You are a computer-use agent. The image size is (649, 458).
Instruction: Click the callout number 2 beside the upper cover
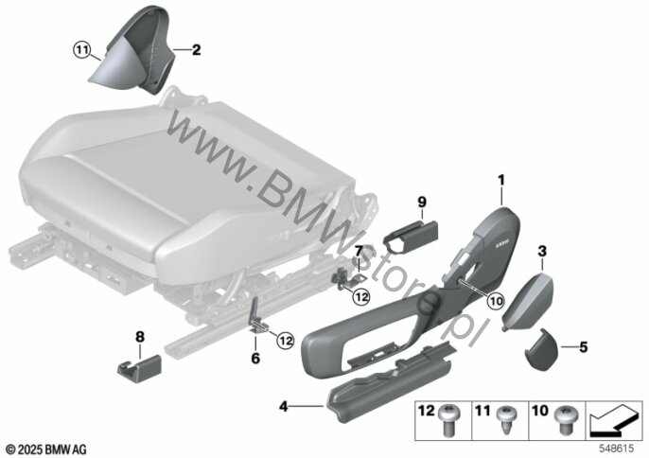[x=196, y=50]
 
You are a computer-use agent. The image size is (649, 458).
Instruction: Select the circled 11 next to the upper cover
[x=81, y=50]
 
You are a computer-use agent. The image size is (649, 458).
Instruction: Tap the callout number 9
[x=422, y=203]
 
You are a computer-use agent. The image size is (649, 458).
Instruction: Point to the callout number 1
[x=501, y=181]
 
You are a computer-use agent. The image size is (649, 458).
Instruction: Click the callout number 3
[x=542, y=251]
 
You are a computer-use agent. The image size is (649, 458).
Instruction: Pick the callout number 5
[x=583, y=347]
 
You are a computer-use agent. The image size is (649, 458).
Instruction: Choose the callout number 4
[x=283, y=407]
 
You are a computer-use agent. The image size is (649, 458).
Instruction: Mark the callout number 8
[x=140, y=337]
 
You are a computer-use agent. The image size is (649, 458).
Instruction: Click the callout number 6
[x=255, y=359]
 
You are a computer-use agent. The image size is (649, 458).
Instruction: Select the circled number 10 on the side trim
[x=496, y=301]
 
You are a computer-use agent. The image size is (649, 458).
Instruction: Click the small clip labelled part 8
[x=139, y=366]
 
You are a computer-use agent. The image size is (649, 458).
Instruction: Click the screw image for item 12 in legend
[x=447, y=421]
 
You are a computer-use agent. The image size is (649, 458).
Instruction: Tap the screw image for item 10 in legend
[x=563, y=420]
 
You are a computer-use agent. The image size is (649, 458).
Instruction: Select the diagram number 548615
[x=617, y=449]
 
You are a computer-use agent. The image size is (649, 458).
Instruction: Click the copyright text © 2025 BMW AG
[x=46, y=449]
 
